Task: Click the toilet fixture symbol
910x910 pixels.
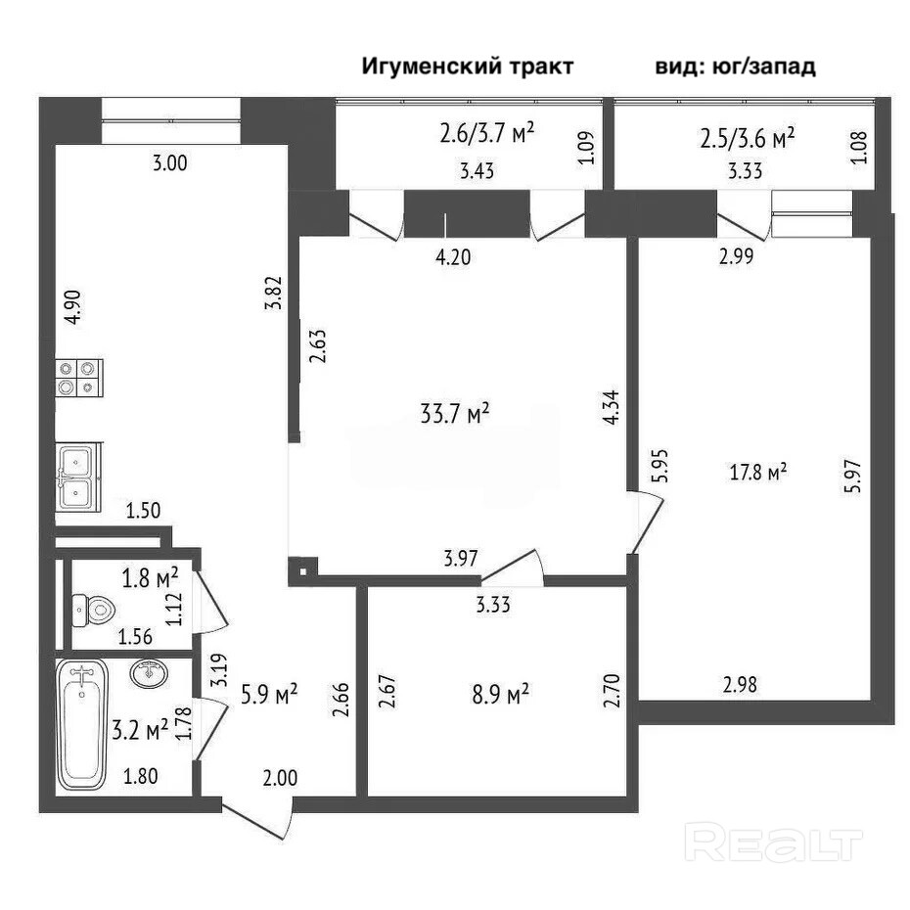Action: [94, 612]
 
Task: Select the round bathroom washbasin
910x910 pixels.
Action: [149, 674]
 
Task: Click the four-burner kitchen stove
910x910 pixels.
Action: [79, 377]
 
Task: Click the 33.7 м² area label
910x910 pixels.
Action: [455, 415]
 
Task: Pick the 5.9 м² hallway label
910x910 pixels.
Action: [269, 694]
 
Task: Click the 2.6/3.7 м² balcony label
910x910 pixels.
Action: [486, 132]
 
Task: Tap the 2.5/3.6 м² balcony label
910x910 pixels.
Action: [747, 138]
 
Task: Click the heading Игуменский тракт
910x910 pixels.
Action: [468, 67]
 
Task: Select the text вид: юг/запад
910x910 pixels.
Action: [735, 67]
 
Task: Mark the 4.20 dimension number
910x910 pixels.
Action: [454, 259]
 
